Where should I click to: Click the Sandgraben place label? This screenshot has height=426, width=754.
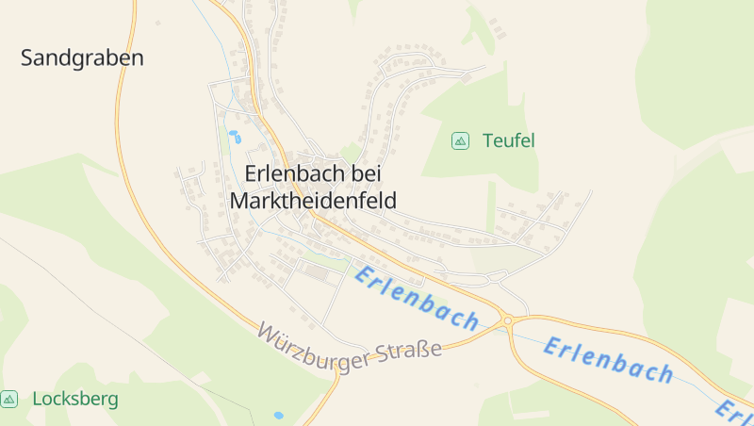click(82, 58)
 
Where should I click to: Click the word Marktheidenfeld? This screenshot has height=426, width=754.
click(313, 201)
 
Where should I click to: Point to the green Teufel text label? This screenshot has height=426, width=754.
click(508, 141)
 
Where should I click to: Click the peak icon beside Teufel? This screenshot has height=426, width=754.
click(460, 140)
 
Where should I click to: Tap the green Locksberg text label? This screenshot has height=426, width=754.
click(75, 400)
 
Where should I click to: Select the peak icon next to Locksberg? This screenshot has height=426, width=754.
click(9, 400)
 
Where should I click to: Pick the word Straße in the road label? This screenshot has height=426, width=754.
click(411, 352)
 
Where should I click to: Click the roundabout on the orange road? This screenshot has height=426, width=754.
click(507, 320)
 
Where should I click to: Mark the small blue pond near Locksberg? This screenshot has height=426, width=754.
click(278, 415)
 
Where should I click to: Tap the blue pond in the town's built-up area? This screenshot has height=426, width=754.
click(233, 136)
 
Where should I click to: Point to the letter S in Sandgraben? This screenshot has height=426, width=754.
click(27, 58)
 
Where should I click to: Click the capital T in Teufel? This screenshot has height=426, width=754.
click(487, 141)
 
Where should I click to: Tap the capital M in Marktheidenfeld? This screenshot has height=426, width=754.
click(240, 201)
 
